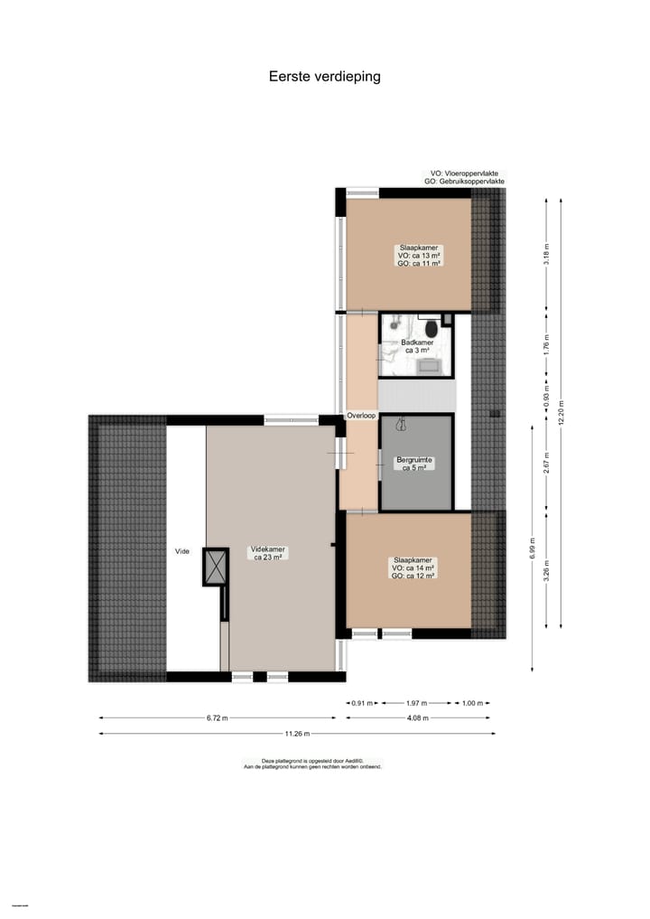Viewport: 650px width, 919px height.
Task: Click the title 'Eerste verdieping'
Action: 324,77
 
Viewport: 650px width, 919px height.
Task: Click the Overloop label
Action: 361,416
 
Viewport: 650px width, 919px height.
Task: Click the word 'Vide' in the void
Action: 182,551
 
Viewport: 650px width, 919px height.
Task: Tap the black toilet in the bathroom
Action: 432,327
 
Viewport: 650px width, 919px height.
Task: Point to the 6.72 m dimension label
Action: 217,718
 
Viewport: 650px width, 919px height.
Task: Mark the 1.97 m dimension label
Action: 417,702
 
